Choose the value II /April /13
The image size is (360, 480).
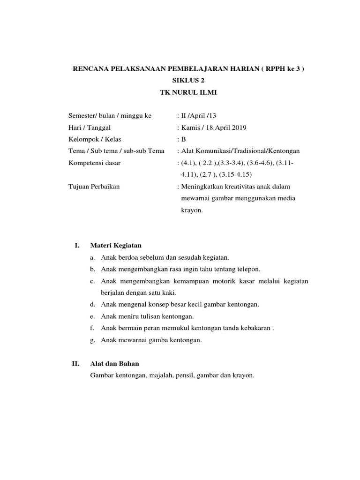(197, 115)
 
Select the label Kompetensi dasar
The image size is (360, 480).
(95, 163)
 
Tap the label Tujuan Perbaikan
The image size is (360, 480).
(94, 187)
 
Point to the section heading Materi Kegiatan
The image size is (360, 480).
(115, 245)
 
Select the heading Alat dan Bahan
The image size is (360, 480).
(114, 364)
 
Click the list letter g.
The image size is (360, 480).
(93, 340)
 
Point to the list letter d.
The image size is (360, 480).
(93, 305)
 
